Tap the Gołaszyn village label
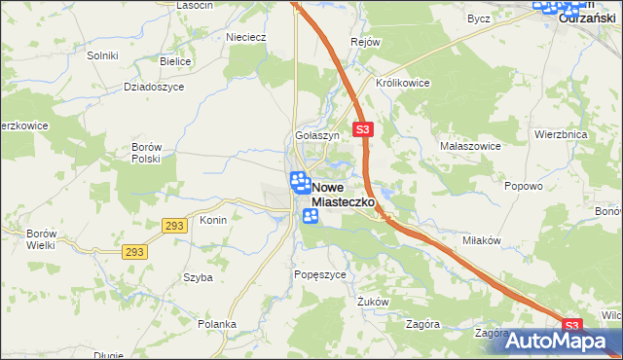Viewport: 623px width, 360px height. click(317, 136)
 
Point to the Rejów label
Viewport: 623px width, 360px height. click(365, 43)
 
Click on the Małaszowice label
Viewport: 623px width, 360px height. click(470, 145)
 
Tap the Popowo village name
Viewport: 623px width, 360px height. click(524, 184)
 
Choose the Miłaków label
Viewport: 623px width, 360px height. click(482, 240)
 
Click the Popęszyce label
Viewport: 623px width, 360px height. click(320, 275)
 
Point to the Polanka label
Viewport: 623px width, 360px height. click(217, 324)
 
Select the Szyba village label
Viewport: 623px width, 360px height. click(198, 277)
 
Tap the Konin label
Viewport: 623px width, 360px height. click(213, 220)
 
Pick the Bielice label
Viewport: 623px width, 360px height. click(175, 60)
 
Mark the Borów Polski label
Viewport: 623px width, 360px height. click(145, 153)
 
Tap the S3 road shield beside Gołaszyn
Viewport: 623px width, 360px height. click(363, 128)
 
